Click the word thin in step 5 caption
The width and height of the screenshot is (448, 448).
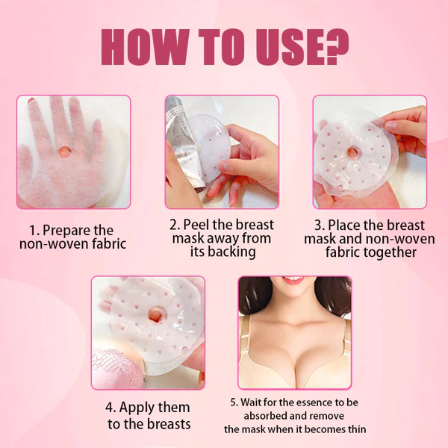(354, 429)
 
